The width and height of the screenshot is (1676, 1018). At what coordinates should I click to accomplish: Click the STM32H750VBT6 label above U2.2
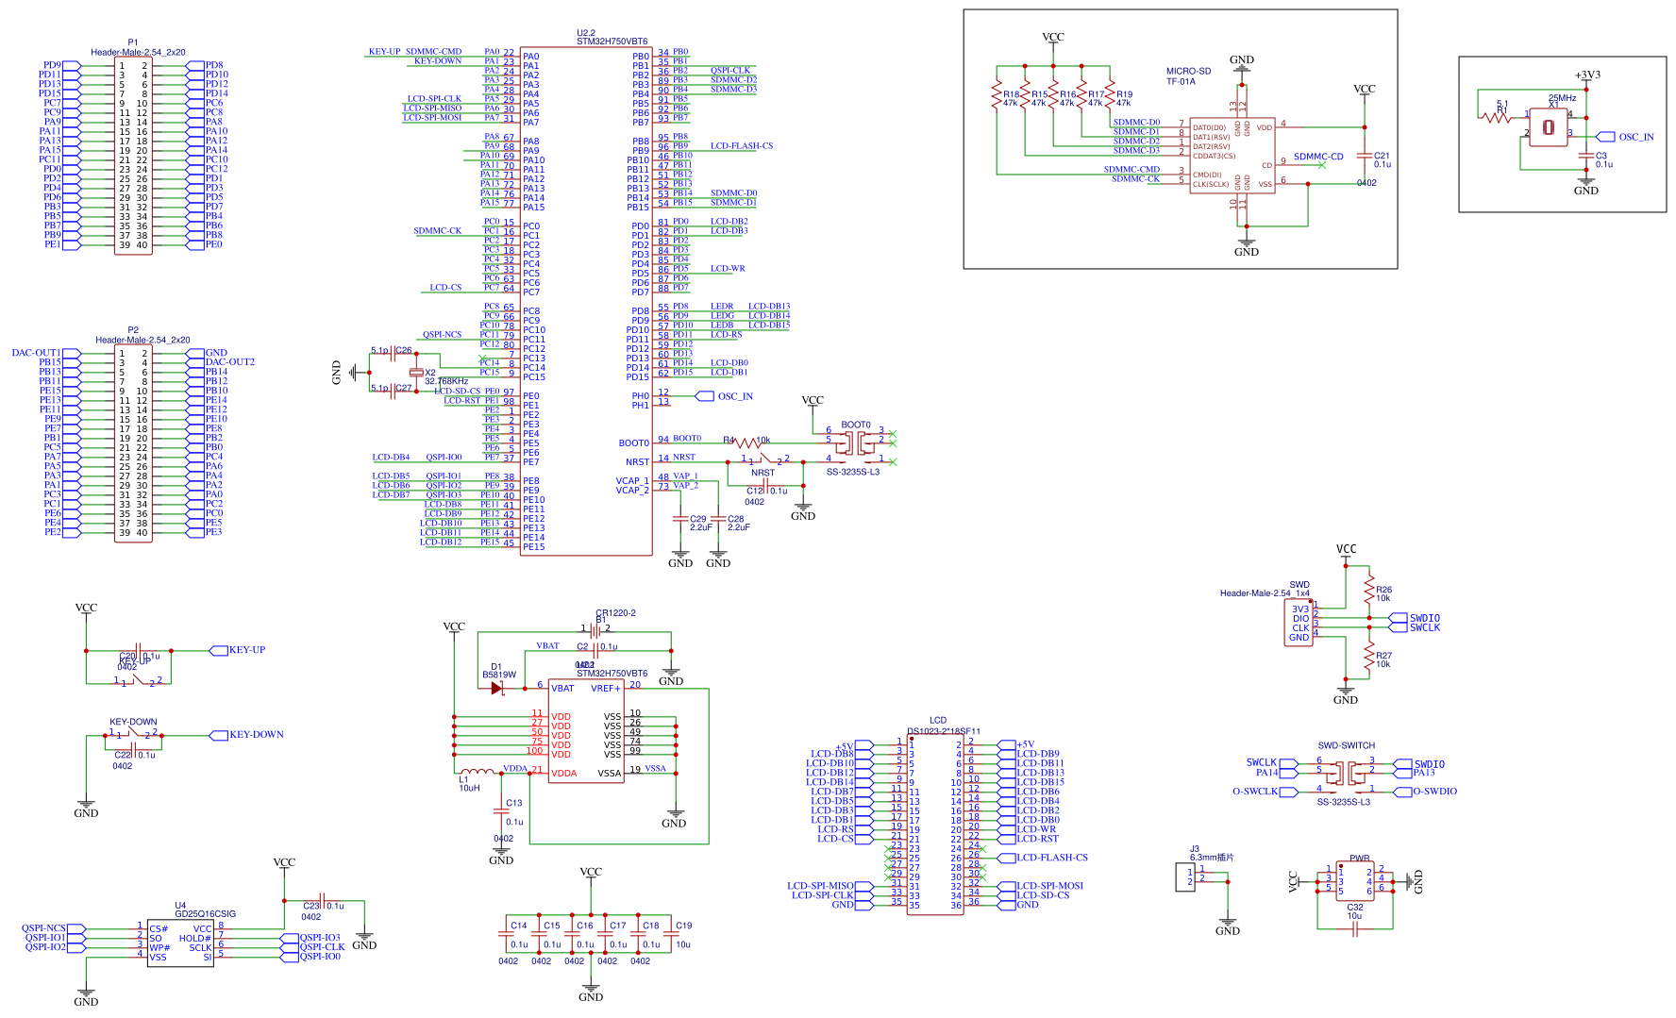pos(612,42)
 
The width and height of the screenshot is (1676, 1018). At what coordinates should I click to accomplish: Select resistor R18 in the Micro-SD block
pos(997,95)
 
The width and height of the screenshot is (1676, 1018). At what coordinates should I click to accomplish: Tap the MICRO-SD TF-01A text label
pos(1187,76)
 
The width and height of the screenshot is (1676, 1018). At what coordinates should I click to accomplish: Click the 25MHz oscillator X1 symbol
pos(1548,127)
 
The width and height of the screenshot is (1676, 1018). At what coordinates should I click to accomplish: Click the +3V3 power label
pos(1587,75)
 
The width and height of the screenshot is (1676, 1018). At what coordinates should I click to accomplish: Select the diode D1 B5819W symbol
pos(496,688)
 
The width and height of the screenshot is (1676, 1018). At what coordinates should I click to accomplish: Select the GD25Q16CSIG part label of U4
pos(205,914)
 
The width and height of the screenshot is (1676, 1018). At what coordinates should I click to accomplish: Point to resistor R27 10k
pos(1368,657)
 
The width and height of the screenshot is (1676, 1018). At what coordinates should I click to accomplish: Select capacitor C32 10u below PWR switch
pos(1355,929)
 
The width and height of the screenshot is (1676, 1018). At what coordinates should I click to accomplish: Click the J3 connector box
pos(1184,876)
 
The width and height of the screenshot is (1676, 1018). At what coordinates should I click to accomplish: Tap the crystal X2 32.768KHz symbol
pos(415,373)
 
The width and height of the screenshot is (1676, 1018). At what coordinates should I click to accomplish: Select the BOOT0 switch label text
pos(855,425)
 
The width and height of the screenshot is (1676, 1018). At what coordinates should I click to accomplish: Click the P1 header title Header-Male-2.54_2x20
pos(138,53)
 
